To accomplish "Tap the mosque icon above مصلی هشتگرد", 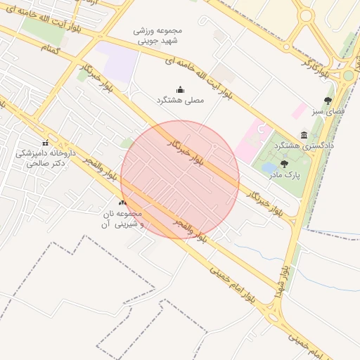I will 180,89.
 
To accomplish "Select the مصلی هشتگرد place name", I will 180,101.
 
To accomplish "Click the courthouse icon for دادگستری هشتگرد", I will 304,134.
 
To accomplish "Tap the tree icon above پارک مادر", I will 283,162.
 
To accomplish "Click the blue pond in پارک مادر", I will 269,168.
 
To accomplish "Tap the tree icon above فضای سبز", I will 328,101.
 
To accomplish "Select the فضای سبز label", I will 328,112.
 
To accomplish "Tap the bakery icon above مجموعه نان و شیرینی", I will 123,202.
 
